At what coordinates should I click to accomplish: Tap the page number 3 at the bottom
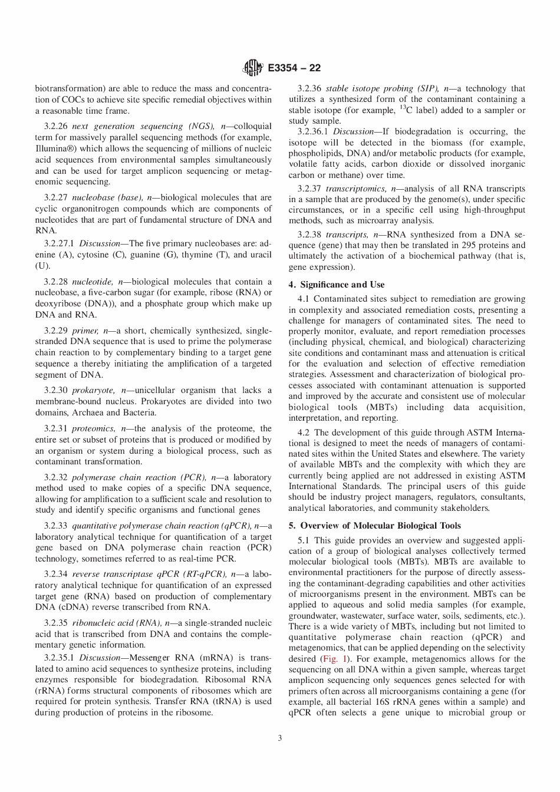[280, 738]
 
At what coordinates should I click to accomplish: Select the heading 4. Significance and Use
[337, 285]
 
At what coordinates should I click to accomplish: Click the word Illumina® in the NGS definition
[57, 148]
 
